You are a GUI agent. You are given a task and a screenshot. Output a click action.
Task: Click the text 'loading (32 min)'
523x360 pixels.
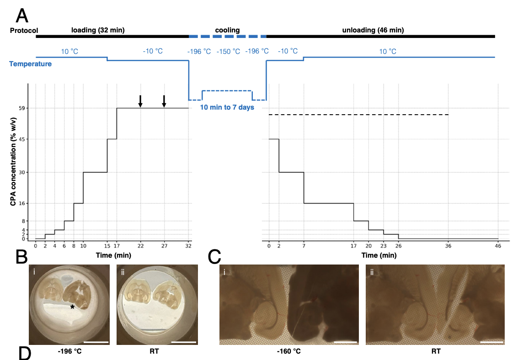pos(98,30)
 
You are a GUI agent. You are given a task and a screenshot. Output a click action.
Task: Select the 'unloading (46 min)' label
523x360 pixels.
pos(373,30)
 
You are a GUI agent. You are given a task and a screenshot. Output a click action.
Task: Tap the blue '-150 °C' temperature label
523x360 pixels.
pos(228,51)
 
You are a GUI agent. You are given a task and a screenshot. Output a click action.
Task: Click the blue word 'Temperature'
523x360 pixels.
pos(31,64)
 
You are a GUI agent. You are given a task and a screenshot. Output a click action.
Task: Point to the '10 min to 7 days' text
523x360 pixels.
pos(227,107)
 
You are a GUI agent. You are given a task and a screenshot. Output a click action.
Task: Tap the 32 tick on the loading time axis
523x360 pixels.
pos(188,246)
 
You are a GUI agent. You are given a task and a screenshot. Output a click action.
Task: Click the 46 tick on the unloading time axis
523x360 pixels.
pos(498,246)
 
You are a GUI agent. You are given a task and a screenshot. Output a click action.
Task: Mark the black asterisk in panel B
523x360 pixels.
pos(72,308)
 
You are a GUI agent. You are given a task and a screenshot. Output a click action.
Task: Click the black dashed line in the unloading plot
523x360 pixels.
pos(358,115)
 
